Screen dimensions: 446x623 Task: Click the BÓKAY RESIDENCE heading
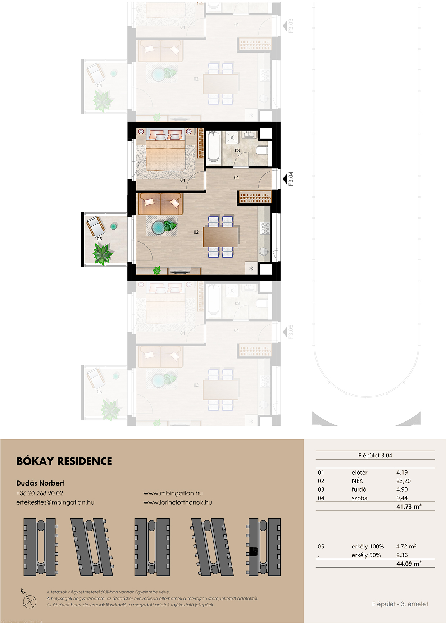[64, 461]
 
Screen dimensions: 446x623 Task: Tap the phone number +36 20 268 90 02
[40, 493]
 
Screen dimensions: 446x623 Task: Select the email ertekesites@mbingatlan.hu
[55, 502]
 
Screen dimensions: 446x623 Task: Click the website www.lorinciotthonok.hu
[178, 502]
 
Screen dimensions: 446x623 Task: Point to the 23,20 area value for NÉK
[403, 481]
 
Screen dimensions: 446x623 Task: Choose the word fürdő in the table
[359, 489]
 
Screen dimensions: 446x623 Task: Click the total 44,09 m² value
[409, 564]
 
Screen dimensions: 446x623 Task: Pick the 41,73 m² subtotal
[409, 506]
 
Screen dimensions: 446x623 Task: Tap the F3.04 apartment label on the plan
[291, 179]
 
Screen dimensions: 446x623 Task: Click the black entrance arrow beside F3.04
[285, 179]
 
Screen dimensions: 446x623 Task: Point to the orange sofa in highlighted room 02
[160, 204]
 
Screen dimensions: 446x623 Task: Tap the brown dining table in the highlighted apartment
[221, 236]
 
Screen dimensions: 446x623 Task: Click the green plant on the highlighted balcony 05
[102, 253]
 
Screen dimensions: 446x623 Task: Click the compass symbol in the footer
[29, 599]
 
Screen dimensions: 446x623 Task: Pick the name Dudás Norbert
[40, 483]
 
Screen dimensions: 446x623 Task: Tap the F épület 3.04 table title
[375, 455]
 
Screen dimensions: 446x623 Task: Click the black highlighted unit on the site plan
[253, 551]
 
